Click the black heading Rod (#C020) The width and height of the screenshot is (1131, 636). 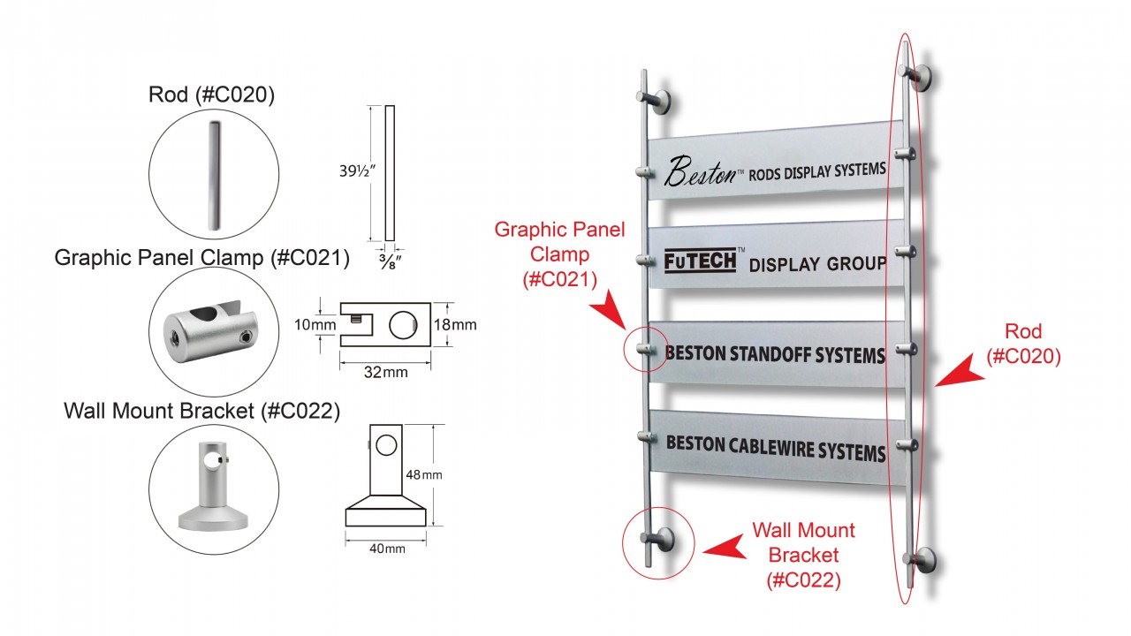[x=212, y=95]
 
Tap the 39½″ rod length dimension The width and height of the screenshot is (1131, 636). [x=345, y=171]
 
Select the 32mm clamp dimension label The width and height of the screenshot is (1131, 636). [x=386, y=372]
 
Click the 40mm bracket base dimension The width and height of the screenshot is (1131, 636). [x=386, y=549]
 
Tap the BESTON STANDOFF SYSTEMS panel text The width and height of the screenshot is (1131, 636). [x=774, y=355]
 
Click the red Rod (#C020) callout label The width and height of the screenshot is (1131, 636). [x=1023, y=344]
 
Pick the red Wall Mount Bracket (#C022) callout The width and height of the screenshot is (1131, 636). [x=804, y=556]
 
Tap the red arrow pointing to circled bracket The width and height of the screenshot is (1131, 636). [x=723, y=547]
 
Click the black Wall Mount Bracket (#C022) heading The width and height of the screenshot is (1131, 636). [x=201, y=411]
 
